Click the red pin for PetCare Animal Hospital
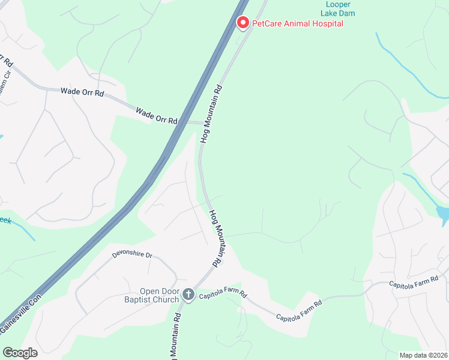click(x=243, y=23)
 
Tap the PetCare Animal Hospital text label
click(x=298, y=23)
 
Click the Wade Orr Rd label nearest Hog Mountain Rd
click(x=157, y=116)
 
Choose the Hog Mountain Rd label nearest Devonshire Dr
click(x=216, y=238)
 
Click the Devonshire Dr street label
click(x=132, y=255)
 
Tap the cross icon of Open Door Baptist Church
click(x=188, y=294)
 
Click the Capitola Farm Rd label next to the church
click(x=223, y=293)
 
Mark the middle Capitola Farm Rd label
click(x=299, y=310)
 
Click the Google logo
click(x=20, y=353)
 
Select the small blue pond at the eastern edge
click(x=443, y=213)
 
